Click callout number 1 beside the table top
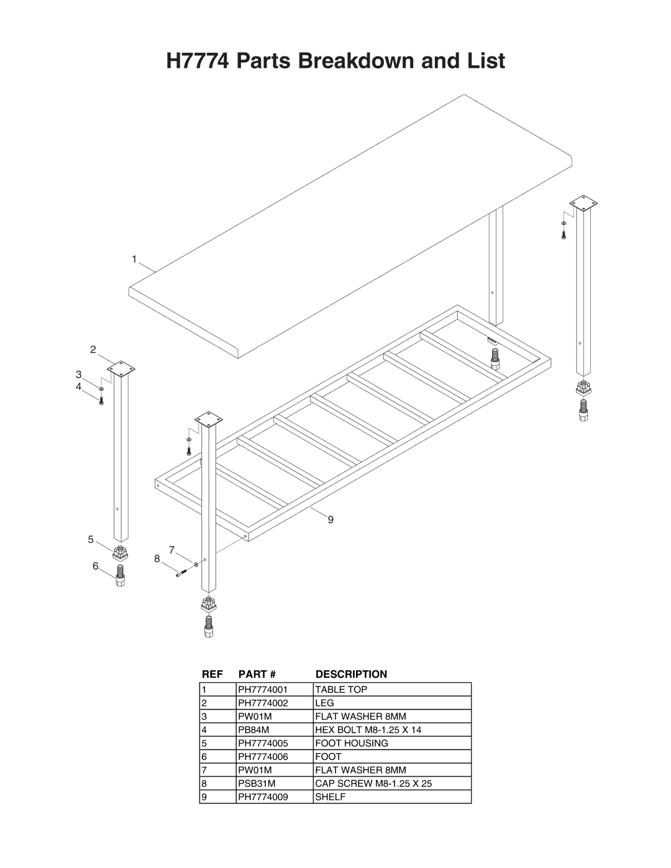(134, 259)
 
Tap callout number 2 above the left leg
(93, 350)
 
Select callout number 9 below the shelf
(331, 519)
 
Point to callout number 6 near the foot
(96, 566)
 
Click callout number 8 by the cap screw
(157, 559)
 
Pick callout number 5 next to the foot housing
(91, 540)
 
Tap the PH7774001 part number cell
(263, 690)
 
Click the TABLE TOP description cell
(341, 690)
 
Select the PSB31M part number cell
(257, 783)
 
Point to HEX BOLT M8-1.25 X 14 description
(368, 730)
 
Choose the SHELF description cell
(331, 797)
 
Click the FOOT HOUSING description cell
(352, 743)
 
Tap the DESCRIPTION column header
(351, 674)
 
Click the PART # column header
(257, 674)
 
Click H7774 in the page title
(198, 61)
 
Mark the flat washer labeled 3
(101, 388)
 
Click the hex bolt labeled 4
(101, 400)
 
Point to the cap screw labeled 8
(181, 573)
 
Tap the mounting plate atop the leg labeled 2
(121, 368)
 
